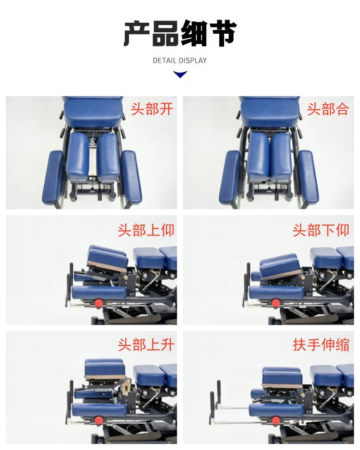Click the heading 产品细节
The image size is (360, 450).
click(180, 33)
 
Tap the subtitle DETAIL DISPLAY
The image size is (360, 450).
click(180, 61)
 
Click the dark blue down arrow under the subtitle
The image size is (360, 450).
click(180, 74)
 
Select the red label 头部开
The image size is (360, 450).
click(152, 109)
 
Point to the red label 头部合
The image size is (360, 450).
click(328, 109)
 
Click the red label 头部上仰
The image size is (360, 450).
click(146, 230)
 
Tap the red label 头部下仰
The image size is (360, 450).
click(321, 230)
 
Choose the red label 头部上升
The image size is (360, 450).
click(146, 344)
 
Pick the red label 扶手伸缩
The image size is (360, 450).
click(321, 344)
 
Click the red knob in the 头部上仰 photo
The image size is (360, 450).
click(99, 303)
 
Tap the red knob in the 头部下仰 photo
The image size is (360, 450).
click(276, 303)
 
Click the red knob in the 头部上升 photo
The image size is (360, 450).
click(99, 420)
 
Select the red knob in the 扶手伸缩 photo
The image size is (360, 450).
click(276, 420)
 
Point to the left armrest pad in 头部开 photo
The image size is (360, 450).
click(53, 178)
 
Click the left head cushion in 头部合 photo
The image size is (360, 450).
click(258, 157)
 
